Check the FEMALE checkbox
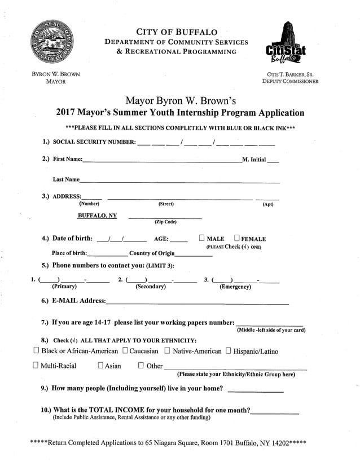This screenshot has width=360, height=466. click(x=236, y=238)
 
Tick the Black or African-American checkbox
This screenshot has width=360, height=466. click(x=36, y=351)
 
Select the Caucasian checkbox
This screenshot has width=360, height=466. click(x=125, y=351)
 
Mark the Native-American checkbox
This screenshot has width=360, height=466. click(x=167, y=351)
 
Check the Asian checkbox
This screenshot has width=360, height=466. click(x=100, y=366)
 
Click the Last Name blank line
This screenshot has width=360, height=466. click(x=179, y=182)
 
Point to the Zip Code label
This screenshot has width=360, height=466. click(x=165, y=222)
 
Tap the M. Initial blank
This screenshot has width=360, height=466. click(x=273, y=161)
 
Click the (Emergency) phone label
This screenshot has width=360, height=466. click(x=235, y=287)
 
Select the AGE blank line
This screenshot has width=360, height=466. click(x=179, y=241)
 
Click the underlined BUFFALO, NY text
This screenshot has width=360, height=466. click(x=97, y=216)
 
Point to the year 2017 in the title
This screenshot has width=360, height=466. click(x=68, y=112)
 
